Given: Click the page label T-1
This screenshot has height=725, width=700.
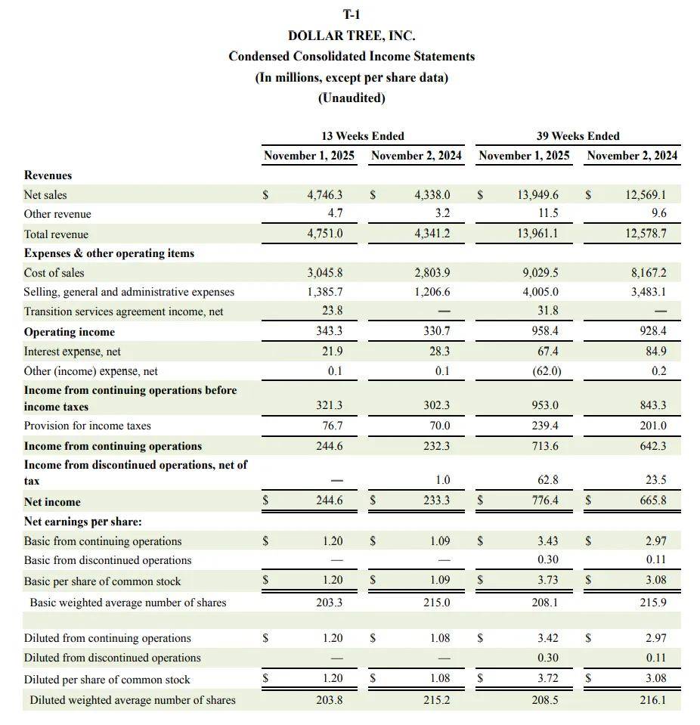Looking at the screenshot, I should [352, 14].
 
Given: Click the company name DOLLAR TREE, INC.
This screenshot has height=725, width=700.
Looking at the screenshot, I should [352, 36].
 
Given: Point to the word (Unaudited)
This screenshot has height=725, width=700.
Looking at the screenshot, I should [352, 98].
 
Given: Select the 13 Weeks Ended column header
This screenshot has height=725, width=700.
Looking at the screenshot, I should [363, 136].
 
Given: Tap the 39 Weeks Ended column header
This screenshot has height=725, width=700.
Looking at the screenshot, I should [578, 136].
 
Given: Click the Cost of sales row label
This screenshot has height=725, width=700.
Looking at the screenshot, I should [54, 273].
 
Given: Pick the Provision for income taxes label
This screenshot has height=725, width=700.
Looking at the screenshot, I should [87, 426].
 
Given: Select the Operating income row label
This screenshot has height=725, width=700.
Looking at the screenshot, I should [70, 332].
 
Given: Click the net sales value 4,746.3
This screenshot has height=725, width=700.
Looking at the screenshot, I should [325, 195].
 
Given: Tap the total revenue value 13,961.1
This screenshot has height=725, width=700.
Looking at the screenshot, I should [538, 234].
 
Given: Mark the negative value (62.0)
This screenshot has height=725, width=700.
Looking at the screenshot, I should [545, 371].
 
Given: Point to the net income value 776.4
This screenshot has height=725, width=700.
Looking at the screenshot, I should [545, 500].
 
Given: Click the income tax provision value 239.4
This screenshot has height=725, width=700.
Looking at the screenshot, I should [545, 426].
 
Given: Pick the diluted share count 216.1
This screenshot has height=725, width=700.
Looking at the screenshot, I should [653, 700].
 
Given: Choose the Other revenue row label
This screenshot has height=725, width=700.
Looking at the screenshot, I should [57, 214].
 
